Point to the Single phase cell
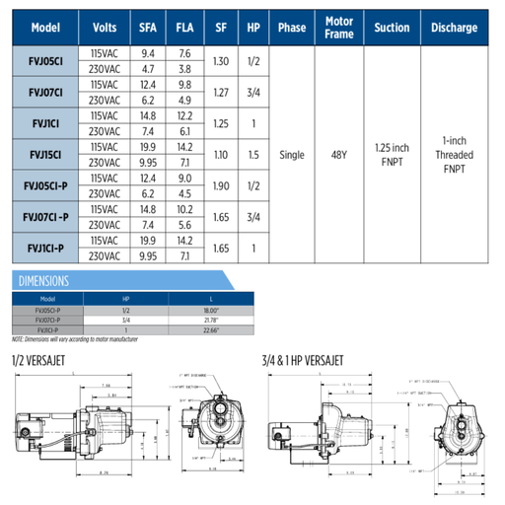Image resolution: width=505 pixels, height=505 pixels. (293, 155)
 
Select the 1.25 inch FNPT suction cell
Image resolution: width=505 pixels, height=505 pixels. (397, 155)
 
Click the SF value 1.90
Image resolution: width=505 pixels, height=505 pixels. (221, 185)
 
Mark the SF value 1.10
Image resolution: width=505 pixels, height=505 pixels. (221, 155)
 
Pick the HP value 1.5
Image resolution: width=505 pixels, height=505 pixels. (254, 155)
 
